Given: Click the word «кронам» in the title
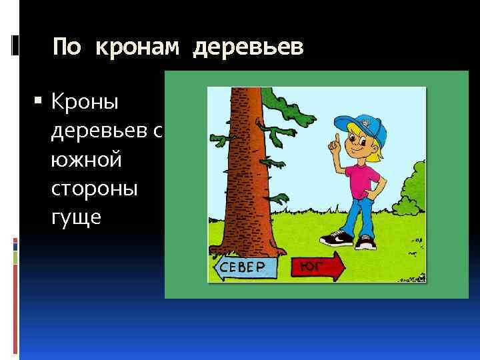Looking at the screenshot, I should pyautogui.click(x=139, y=47).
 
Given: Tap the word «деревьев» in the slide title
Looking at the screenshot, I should pyautogui.click(x=248, y=47).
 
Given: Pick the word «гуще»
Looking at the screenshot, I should pyautogui.click(x=76, y=217).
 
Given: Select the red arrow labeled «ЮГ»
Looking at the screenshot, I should pyautogui.click(x=317, y=268).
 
